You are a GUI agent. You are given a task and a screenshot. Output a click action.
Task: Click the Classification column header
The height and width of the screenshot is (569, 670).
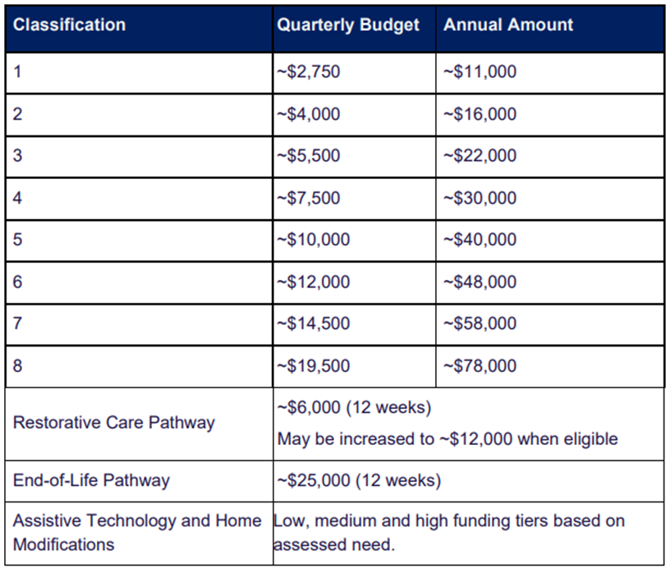(69, 25)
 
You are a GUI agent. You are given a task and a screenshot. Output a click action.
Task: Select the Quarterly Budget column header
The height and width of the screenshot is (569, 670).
(348, 25)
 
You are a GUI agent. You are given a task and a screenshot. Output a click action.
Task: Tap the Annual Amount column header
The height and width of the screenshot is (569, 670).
(508, 25)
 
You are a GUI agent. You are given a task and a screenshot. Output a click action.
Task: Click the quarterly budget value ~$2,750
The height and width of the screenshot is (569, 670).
(309, 71)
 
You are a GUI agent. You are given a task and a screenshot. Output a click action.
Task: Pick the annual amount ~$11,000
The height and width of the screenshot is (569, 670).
(480, 71)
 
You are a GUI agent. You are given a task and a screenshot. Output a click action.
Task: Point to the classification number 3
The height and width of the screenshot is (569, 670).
(17, 155)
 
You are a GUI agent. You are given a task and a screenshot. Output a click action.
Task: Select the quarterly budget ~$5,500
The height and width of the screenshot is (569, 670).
(309, 155)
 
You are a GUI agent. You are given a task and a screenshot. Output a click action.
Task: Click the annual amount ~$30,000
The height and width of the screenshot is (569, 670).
(480, 198)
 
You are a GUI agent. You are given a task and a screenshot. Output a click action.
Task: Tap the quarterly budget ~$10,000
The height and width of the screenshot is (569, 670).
(313, 239)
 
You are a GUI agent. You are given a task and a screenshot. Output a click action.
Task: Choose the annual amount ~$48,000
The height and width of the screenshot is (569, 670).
(480, 282)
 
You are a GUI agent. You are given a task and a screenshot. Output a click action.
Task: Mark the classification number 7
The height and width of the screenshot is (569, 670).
(17, 323)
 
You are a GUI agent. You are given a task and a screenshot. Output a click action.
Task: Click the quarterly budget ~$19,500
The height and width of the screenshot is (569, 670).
(313, 366)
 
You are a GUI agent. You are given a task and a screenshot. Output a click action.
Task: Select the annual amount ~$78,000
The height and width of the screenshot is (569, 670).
(480, 366)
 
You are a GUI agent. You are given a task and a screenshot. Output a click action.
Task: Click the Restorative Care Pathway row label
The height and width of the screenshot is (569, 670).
(114, 423)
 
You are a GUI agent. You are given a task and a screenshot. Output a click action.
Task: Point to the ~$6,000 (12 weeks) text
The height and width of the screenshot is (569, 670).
(354, 407)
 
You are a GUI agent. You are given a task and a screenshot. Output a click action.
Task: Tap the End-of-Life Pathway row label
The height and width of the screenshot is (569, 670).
(91, 480)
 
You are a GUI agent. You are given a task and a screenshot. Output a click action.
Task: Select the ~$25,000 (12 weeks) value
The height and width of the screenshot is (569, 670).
(359, 480)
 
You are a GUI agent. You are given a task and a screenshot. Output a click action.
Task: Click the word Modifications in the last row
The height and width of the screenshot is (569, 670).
(64, 544)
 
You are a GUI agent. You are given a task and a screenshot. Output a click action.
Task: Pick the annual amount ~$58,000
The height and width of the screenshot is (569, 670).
(480, 324)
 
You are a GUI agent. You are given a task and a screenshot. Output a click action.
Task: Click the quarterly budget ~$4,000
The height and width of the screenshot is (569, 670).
(309, 114)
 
